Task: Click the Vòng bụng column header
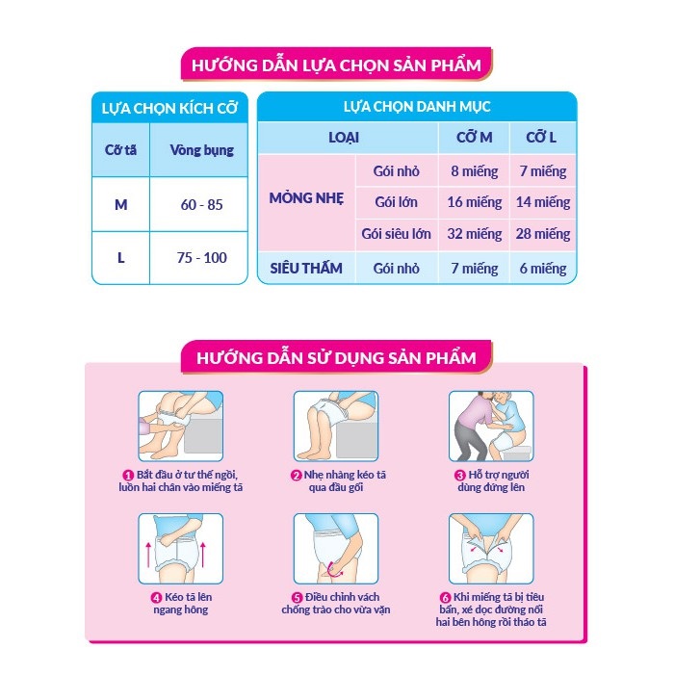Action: click(201, 150)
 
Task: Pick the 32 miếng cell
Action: click(475, 233)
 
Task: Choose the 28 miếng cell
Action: click(542, 233)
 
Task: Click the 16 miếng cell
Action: click(475, 202)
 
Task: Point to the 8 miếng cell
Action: click(475, 171)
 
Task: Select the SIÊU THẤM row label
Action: click(306, 268)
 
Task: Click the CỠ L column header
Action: click(541, 138)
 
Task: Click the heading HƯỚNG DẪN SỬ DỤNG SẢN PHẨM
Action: click(336, 358)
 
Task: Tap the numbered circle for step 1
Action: click(127, 475)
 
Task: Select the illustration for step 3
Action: click(490, 425)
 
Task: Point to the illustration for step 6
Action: click(490, 548)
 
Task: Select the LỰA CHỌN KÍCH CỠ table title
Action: click(168, 106)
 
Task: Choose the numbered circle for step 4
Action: click(155, 596)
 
